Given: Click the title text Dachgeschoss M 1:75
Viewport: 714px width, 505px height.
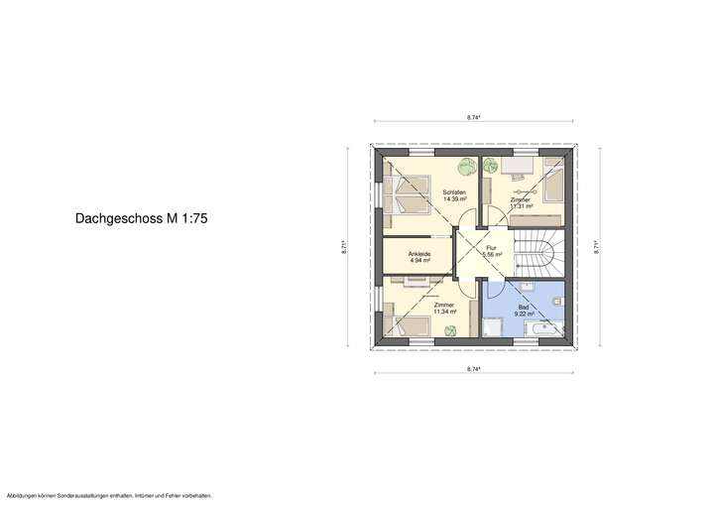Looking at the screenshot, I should pos(141,215).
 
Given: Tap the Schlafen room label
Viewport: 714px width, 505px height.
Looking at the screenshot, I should pos(455,191).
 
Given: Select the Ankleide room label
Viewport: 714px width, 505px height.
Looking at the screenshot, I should pos(419,255).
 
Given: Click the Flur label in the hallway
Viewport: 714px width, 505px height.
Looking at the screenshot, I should pos(490,248).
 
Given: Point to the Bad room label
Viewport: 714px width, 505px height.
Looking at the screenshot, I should pos(523,308).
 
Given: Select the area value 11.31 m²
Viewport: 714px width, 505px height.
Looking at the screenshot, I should pos(521,207).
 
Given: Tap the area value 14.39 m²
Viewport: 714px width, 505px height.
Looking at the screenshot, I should pos(455,198).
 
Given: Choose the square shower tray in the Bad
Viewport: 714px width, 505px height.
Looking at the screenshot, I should pos(494,327).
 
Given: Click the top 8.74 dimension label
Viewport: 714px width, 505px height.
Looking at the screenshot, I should pos(474,117).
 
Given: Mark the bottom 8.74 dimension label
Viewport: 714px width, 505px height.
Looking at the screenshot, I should pos(474,368).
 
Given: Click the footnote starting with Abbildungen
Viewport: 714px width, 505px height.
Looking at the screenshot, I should pos(109,495).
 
